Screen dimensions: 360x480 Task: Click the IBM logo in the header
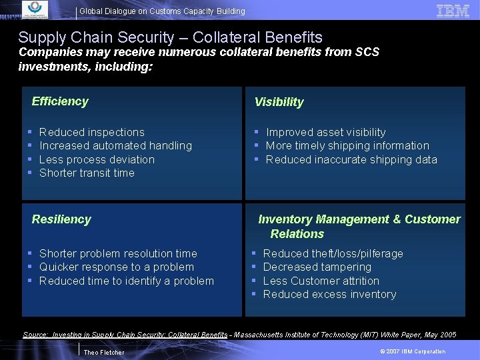[453, 10]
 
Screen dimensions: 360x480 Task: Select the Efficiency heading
[60, 101]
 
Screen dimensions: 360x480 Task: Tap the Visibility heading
[279, 102]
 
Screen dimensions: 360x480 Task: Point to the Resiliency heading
[61, 219]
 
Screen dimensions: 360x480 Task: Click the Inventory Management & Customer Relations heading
[359, 226]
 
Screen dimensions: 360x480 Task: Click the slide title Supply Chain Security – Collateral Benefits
[170, 38]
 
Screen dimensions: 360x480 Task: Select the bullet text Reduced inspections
[92, 132]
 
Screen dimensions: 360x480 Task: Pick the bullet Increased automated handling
[115, 145]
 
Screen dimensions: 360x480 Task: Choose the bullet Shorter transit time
[87, 173]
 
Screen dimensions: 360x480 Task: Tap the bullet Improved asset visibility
[325, 132]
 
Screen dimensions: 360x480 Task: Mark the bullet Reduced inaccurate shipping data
[351, 159]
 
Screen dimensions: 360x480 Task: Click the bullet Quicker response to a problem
[117, 267]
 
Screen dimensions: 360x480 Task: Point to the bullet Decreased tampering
[317, 267]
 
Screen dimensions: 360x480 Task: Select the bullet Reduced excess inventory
[329, 294]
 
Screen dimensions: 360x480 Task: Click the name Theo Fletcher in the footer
[103, 352]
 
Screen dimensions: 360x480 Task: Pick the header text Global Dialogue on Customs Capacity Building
[162, 11]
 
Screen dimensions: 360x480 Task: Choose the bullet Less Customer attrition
[321, 281]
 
